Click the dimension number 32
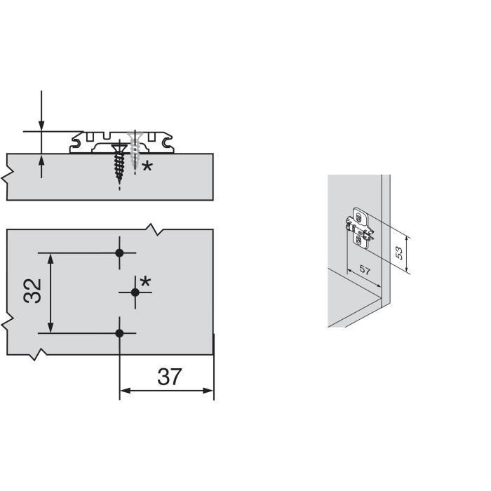[32, 290]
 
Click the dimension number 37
[170, 377]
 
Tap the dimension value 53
[398, 253]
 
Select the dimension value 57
[365, 269]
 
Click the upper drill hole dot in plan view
[119, 253]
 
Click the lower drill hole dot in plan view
[119, 333]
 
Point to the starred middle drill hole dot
[135, 292]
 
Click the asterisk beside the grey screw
[147, 166]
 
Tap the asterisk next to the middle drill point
[146, 282]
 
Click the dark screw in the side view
[119, 163]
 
